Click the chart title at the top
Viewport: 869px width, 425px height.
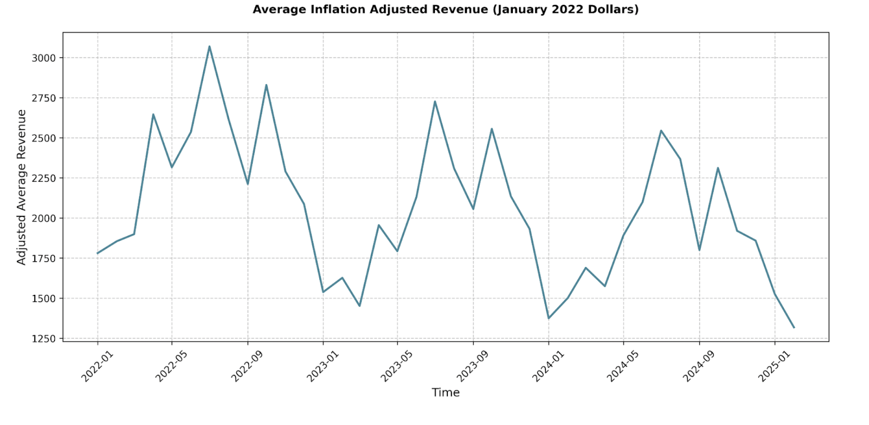[x=445, y=10]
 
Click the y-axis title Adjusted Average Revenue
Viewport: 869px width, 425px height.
[x=21, y=187]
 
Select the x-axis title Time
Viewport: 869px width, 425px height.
[x=445, y=392]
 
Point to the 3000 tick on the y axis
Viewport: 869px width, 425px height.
[x=43, y=58]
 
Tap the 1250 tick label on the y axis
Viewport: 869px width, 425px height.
[x=43, y=339]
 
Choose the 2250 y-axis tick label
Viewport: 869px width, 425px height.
[x=43, y=178]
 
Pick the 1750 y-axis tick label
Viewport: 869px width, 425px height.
[x=43, y=258]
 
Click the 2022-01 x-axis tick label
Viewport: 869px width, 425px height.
[x=97, y=367]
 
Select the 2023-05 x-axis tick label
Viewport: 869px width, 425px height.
[x=397, y=367]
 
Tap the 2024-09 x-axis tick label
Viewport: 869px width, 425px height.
[x=698, y=367]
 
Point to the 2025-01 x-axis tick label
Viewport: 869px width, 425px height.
[x=774, y=367]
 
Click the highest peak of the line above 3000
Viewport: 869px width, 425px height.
[x=209, y=46]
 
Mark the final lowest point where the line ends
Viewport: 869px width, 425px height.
[x=794, y=327]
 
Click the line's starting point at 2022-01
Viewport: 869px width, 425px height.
[x=98, y=253]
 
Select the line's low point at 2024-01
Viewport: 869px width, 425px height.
[x=549, y=318]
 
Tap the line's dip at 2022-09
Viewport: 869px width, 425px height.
[x=248, y=184]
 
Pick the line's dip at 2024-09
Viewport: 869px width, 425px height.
[x=699, y=250]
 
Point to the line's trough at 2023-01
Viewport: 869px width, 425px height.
[x=323, y=292]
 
